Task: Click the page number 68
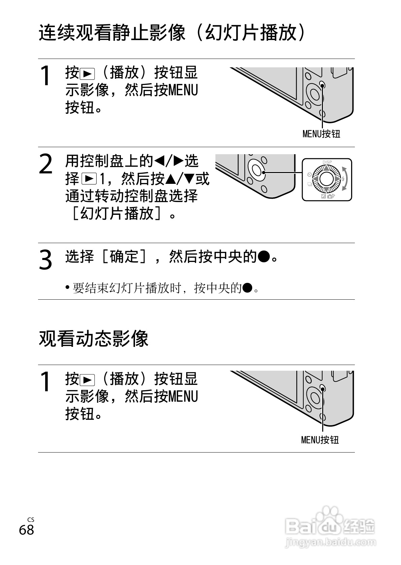26,530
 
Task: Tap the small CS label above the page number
31,520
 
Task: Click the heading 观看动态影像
94,338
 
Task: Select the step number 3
45,260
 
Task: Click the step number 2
46,164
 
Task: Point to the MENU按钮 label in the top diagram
321,134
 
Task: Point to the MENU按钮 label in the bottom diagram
320,440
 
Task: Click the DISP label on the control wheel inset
327,162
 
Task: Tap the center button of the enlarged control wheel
327,178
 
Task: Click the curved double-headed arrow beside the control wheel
345,178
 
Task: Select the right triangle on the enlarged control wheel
337,178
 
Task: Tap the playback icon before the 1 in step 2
89,179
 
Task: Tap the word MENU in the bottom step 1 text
182,396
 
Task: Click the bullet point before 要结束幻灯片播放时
68,288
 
